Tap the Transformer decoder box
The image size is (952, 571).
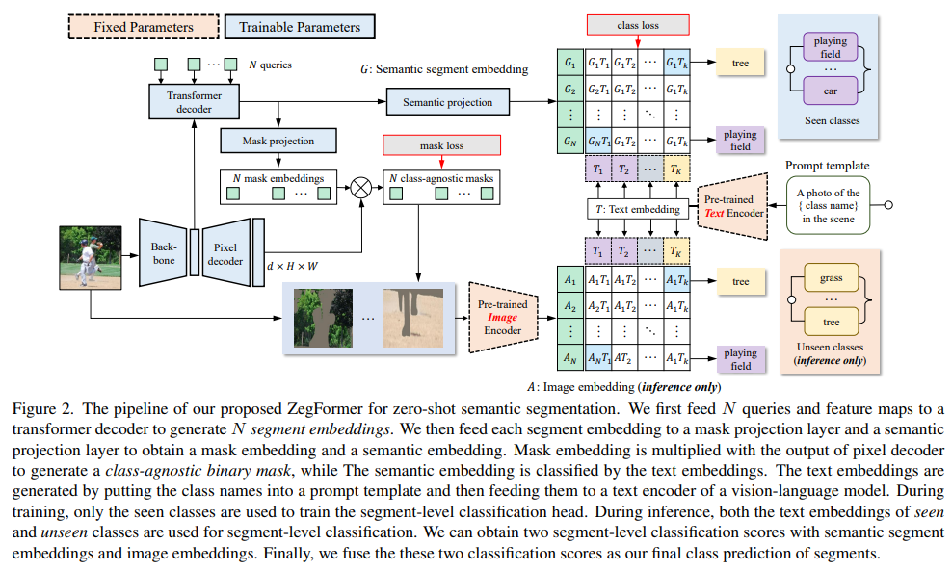(x=194, y=102)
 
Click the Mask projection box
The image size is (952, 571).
(x=278, y=141)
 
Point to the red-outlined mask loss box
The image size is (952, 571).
(x=441, y=145)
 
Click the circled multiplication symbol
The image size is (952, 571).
(x=360, y=187)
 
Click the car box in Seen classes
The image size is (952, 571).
(x=830, y=91)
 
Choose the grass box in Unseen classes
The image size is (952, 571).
(x=831, y=278)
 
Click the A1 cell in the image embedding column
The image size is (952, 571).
(x=569, y=282)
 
